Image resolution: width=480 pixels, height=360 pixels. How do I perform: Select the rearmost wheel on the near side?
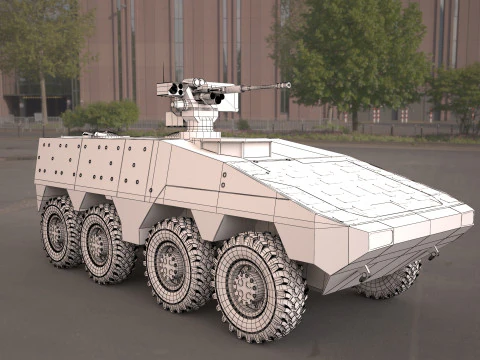pyautogui.click(x=59, y=231)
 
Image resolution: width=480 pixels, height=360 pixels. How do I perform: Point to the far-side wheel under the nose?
pyautogui.click(x=392, y=280)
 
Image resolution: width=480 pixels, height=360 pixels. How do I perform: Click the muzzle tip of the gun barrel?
pyautogui.click(x=287, y=85)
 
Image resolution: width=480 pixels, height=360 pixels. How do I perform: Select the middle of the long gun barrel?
pyautogui.click(x=260, y=89)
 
